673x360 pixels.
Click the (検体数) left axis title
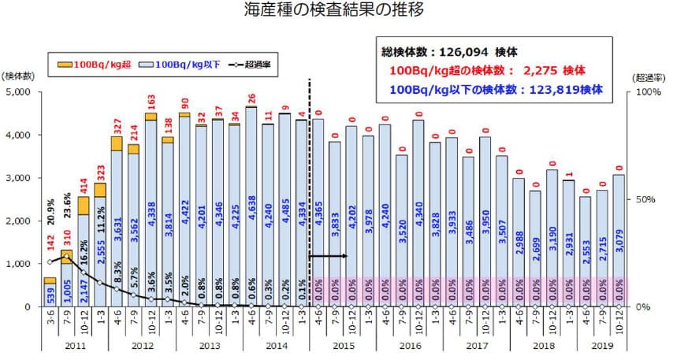[17, 76]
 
